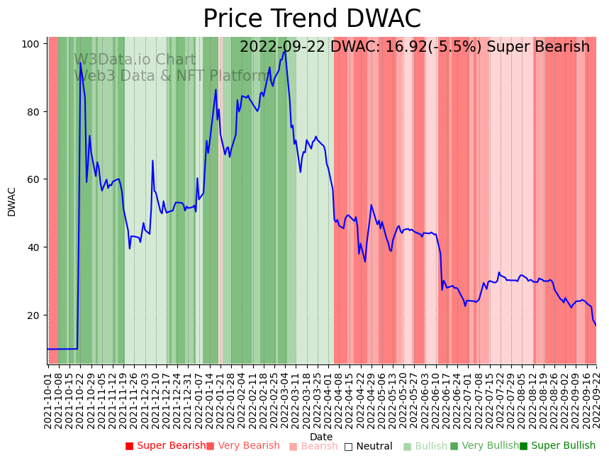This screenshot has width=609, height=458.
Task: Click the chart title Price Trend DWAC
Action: click(x=312, y=19)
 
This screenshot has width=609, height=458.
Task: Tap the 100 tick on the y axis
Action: click(x=30, y=44)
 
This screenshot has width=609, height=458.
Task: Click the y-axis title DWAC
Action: click(x=12, y=201)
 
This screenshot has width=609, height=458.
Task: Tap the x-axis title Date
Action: click(x=321, y=437)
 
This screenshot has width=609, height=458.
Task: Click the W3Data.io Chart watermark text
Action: click(x=135, y=60)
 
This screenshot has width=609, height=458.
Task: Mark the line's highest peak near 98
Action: click(x=285, y=51)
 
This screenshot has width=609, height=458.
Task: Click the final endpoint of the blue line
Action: click(x=596, y=325)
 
